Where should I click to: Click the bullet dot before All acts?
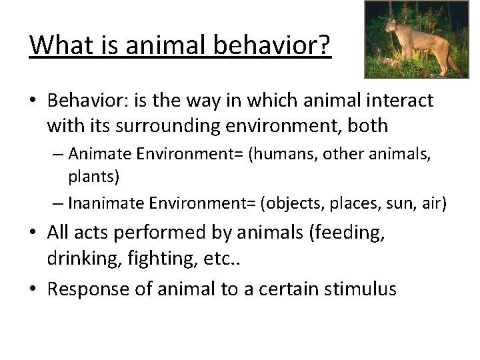click(34, 233)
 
